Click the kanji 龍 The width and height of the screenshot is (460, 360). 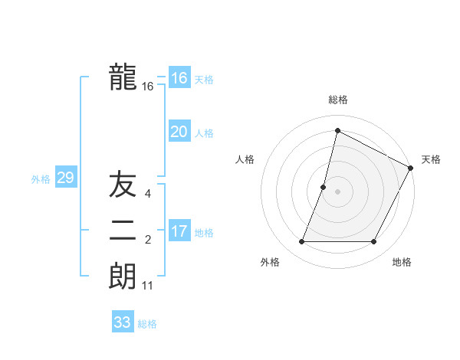[x=123, y=77]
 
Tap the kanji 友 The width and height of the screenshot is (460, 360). [x=123, y=185]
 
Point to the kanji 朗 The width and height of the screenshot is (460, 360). [x=123, y=277]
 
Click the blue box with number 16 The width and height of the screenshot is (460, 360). [x=179, y=78]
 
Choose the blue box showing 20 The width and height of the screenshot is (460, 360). [x=179, y=132]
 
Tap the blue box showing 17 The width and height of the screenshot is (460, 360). [x=179, y=231]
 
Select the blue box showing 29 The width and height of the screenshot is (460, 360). [x=65, y=178]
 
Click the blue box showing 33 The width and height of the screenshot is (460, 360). [x=123, y=322]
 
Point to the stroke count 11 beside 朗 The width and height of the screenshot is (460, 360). [x=148, y=286]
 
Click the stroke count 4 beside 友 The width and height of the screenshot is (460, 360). [x=148, y=195]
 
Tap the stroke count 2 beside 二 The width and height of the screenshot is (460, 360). [x=148, y=241]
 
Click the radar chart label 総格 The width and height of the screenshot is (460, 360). [x=337, y=100]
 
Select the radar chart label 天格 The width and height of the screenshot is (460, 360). [x=431, y=159]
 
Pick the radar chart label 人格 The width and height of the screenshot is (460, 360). [x=245, y=159]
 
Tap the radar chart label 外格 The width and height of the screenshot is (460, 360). [x=270, y=262]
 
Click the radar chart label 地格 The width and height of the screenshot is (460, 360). [x=402, y=262]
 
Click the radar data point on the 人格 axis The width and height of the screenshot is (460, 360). [x=324, y=187]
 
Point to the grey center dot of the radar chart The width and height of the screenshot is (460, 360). [x=337, y=191]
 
